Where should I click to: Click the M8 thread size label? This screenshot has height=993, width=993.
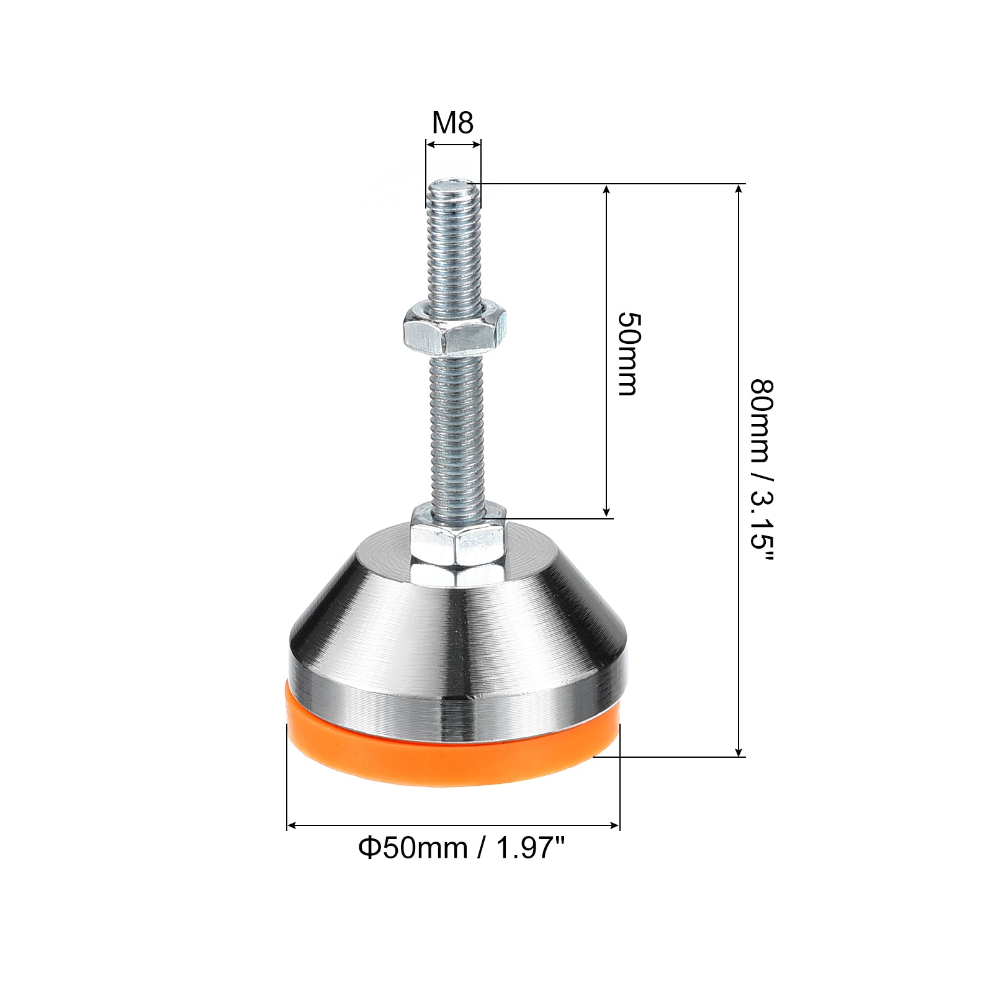click(x=453, y=123)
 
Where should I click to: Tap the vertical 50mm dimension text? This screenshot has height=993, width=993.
click(x=627, y=354)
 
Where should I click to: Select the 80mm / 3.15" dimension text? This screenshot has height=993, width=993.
click(x=761, y=471)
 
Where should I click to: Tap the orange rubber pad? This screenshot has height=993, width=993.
click(x=452, y=754)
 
